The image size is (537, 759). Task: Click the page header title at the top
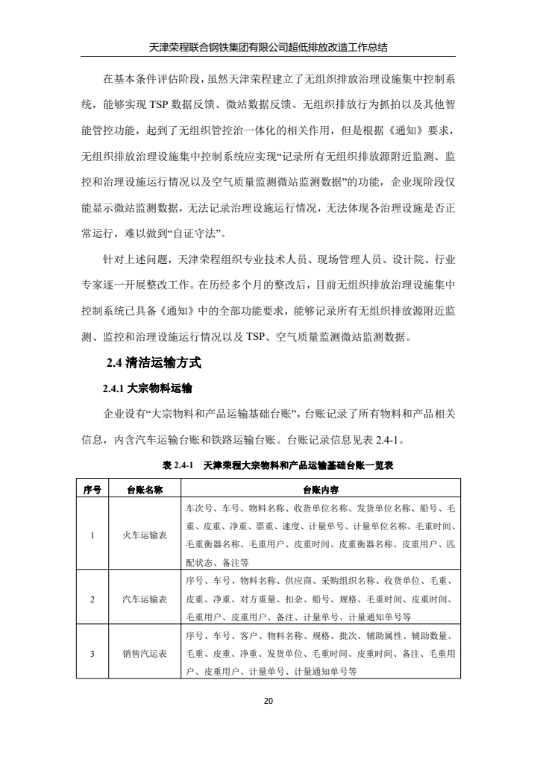click(268, 47)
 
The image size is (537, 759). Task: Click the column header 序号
click(92, 489)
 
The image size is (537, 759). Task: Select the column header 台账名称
click(145, 489)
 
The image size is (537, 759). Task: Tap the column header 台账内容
click(321, 489)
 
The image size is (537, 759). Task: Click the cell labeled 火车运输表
click(145, 535)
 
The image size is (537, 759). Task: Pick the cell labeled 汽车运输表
click(145, 599)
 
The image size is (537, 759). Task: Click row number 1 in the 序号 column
click(92, 535)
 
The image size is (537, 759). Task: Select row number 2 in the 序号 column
click(92, 599)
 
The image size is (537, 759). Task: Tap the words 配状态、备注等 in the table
click(217, 561)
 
